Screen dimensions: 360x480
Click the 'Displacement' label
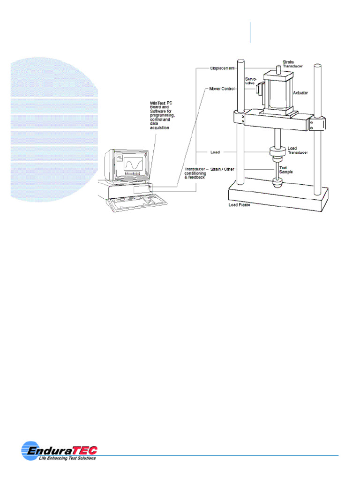[x=222, y=68]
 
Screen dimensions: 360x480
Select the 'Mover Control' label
[x=222, y=88]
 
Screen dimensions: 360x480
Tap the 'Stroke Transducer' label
[x=292, y=64]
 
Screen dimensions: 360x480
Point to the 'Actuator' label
[x=300, y=93]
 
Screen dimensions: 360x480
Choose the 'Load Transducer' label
[x=297, y=150]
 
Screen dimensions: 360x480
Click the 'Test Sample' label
[x=286, y=170]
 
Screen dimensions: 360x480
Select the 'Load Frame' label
[x=240, y=205]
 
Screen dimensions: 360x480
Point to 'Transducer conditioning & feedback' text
[x=195, y=173]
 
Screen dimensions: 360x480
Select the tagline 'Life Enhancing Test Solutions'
[x=67, y=458]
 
